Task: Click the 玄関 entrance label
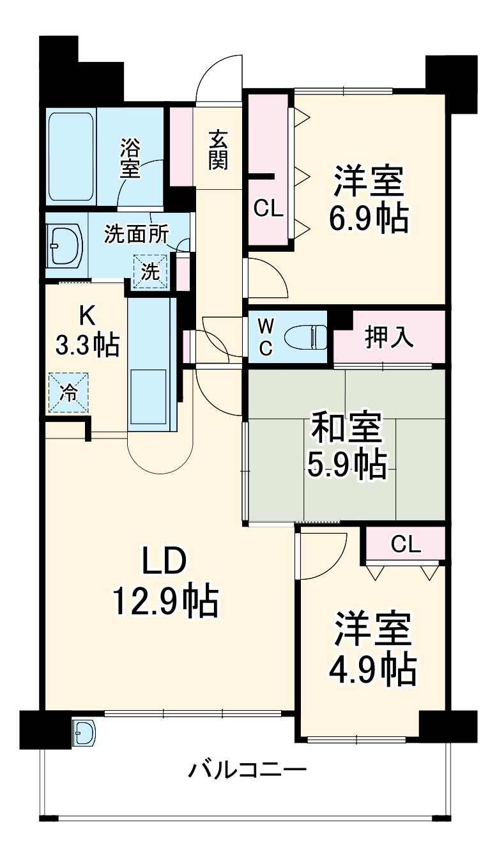[218, 150]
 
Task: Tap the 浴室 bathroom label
[130, 158]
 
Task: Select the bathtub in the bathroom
[70, 156]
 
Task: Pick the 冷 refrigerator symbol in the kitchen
[68, 392]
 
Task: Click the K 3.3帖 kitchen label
[87, 330]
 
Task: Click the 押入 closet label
[388, 337]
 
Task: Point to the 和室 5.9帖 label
[347, 446]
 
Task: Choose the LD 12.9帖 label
[165, 582]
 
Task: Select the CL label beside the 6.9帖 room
[268, 208]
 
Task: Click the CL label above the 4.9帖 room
[406, 544]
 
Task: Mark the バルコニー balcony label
[247, 769]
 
